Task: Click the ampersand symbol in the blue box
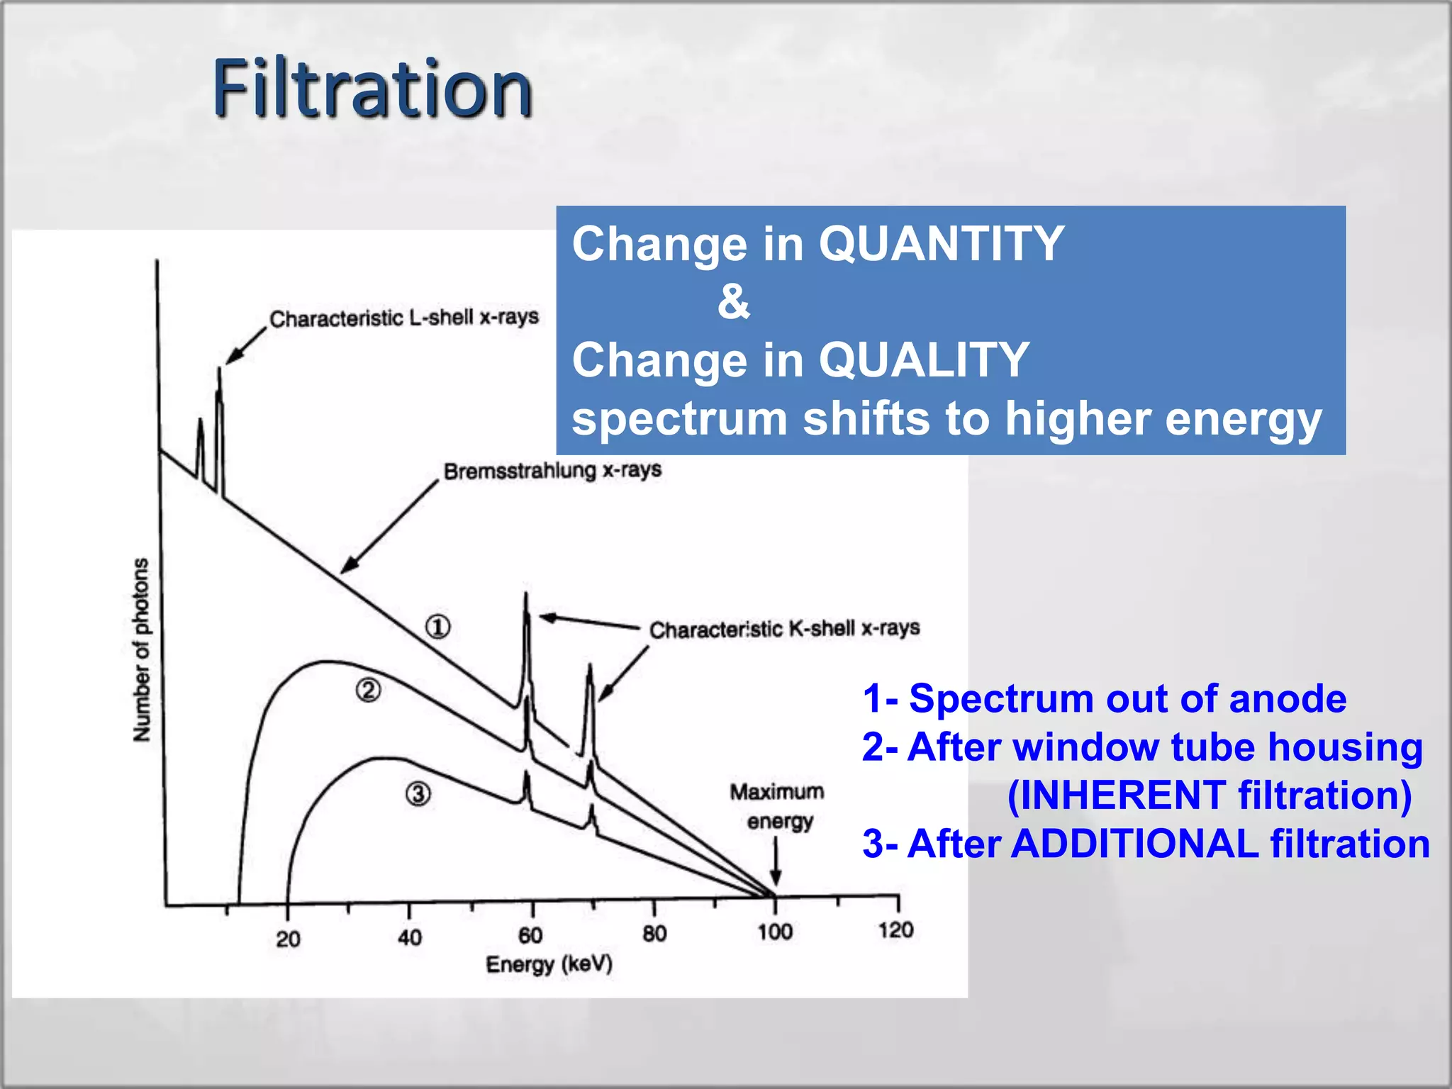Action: [x=733, y=301]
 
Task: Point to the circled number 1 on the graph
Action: [x=437, y=627]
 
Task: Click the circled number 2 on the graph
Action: [x=368, y=690]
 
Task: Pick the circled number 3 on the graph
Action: [x=418, y=794]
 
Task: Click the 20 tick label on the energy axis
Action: [x=288, y=939]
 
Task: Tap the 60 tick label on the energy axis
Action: [x=530, y=936]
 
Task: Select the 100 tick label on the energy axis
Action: [x=775, y=932]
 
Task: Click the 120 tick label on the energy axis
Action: [x=895, y=930]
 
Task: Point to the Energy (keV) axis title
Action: [x=549, y=965]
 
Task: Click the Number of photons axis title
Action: [x=142, y=649]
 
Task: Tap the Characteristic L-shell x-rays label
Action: [x=404, y=318]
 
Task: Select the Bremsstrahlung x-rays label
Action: [x=552, y=470]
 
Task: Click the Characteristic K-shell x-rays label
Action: [x=784, y=629]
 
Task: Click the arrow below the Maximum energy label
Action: [x=776, y=861]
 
